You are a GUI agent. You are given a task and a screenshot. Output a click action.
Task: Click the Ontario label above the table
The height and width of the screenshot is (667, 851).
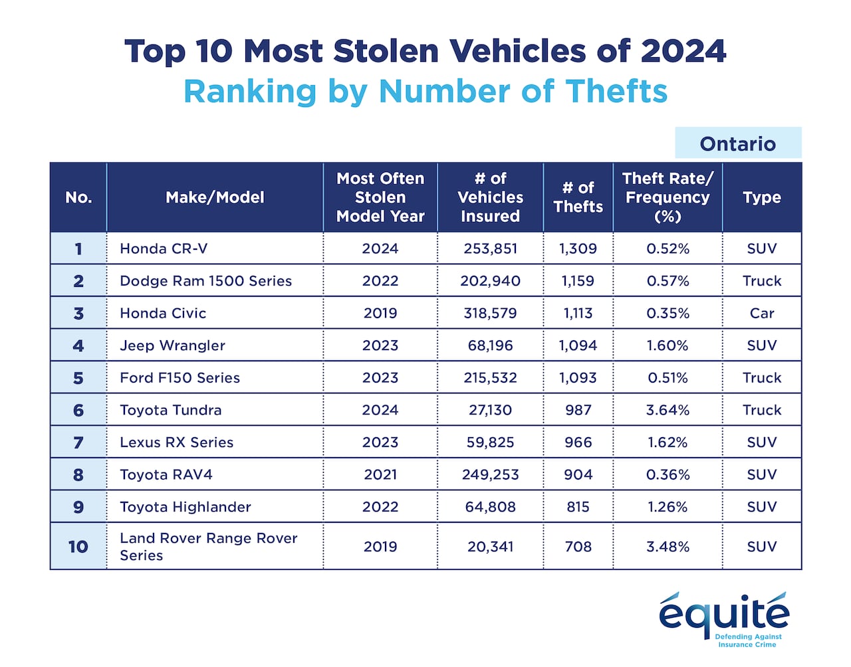tap(737, 143)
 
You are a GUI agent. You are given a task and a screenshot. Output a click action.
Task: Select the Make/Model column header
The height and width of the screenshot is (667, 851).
tap(215, 197)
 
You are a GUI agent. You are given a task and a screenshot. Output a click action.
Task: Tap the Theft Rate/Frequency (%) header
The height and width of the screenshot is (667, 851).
tap(668, 197)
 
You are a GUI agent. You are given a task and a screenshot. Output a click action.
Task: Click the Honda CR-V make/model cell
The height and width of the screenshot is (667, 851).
tap(164, 248)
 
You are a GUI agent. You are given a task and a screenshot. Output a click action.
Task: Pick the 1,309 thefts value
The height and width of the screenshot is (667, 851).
tap(578, 248)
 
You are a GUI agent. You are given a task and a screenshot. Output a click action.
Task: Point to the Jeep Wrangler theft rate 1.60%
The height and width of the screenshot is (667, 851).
tap(668, 345)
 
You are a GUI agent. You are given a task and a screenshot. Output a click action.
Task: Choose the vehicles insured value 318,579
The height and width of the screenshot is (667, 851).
tap(490, 313)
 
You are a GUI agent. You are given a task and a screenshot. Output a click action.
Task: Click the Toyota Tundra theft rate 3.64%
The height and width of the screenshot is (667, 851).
tap(668, 410)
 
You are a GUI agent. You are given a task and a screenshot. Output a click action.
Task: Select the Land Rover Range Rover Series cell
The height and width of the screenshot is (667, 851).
tap(208, 546)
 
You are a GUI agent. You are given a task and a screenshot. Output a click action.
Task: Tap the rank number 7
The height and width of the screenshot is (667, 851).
tap(78, 442)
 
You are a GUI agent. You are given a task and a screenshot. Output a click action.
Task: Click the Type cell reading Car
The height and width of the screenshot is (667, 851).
tap(762, 313)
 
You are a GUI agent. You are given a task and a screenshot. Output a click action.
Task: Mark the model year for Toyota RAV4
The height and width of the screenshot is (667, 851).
tap(380, 474)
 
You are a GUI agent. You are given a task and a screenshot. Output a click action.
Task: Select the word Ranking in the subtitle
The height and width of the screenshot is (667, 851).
tap(250, 92)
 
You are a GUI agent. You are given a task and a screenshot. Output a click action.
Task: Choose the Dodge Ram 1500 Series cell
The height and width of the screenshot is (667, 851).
tap(205, 281)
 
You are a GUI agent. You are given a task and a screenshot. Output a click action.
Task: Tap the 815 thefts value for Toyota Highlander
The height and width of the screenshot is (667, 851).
tap(578, 507)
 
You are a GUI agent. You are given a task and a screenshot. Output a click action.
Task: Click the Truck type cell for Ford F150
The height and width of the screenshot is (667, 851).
tap(762, 377)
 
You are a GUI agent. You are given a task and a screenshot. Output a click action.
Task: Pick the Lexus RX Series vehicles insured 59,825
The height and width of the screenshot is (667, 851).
tap(490, 442)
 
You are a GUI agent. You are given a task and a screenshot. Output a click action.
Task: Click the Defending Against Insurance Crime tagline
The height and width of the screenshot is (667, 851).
tap(748, 640)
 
